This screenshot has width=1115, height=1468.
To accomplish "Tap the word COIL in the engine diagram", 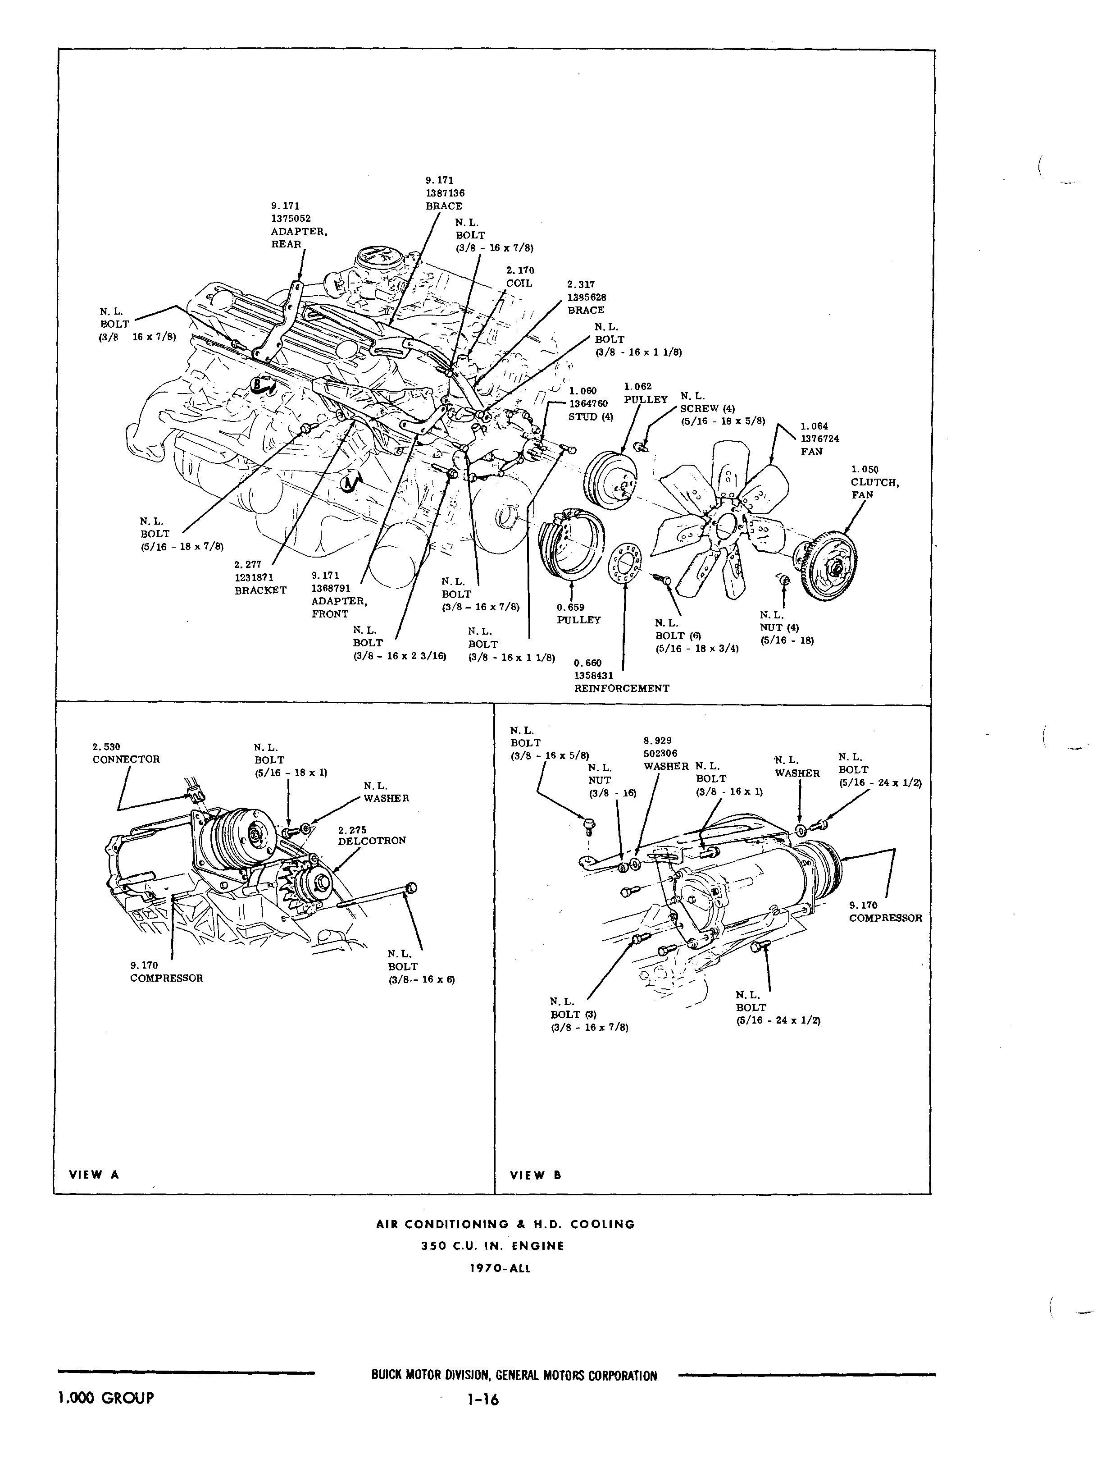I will point(519,284).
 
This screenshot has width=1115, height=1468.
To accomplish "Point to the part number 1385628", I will point(586,297).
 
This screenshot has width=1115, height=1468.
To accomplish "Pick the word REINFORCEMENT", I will point(621,689).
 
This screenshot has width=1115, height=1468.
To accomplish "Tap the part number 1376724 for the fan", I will point(819,439).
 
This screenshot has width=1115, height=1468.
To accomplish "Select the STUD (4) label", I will point(590,417).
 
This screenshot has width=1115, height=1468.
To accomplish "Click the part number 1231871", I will point(254,578).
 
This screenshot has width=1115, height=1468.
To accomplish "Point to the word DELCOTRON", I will point(372,841).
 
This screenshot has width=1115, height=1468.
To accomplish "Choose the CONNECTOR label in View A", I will point(126,759).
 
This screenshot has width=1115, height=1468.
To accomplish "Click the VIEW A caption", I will point(94,1175).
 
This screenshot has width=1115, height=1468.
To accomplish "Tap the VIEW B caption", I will point(535,1175).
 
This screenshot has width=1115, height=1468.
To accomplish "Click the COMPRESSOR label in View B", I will point(885,918).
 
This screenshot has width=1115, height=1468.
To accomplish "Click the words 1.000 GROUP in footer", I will point(106,1398).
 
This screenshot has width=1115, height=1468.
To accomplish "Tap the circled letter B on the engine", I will point(258,383).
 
